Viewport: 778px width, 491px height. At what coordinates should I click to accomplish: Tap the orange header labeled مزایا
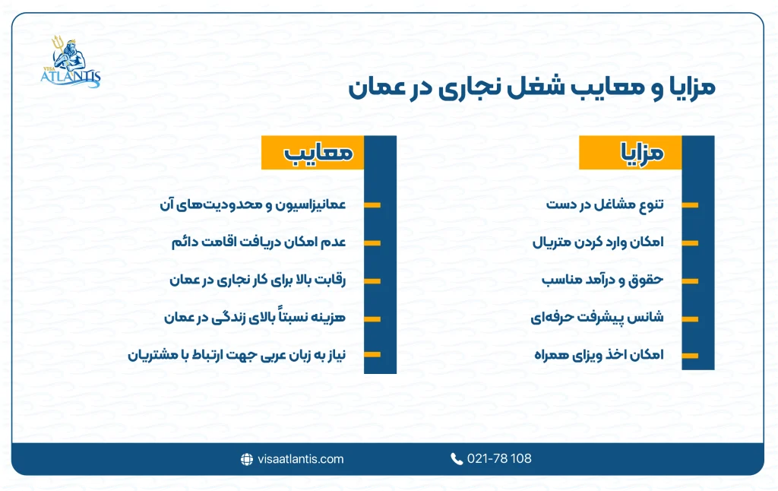click(631, 153)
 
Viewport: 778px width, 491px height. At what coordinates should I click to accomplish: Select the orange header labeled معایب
click(313, 153)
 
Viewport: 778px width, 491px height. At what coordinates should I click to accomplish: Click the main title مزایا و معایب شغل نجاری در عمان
click(531, 86)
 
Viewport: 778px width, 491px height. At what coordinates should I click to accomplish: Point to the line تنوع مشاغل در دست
click(606, 204)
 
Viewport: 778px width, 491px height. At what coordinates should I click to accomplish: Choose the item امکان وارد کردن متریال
click(597, 242)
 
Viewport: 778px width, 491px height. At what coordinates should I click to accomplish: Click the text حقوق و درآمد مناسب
click(602, 280)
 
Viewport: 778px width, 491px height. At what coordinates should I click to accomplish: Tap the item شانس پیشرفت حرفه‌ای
click(597, 317)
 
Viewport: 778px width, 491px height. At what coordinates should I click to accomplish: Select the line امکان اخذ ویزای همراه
click(599, 355)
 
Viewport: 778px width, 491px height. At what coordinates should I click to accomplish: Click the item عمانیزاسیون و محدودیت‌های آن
click(253, 204)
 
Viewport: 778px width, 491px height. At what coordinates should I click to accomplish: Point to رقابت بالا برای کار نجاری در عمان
click(258, 280)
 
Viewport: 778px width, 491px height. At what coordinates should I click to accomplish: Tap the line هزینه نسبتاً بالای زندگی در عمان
click(255, 317)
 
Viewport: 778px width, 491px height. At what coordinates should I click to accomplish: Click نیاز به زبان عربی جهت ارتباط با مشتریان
click(236, 355)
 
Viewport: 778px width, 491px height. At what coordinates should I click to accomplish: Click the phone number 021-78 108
click(499, 458)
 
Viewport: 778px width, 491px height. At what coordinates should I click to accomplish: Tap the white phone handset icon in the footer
click(457, 458)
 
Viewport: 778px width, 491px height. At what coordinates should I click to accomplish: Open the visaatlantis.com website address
click(301, 458)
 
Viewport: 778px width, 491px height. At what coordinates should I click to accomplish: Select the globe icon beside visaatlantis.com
click(247, 458)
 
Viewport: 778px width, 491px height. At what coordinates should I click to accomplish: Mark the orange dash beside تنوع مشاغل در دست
click(690, 205)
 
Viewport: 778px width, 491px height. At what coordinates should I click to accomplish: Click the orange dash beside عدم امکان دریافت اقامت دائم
click(372, 243)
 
